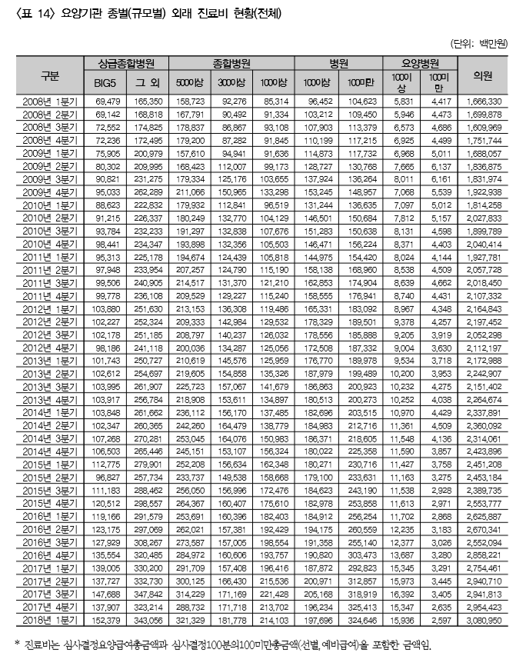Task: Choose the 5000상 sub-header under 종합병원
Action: (x=188, y=82)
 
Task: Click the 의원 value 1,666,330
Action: (x=484, y=101)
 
